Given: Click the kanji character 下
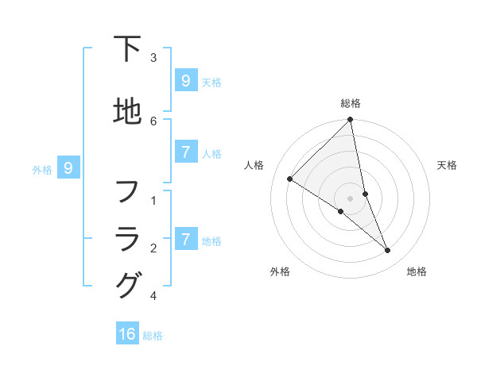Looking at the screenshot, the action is (127, 49).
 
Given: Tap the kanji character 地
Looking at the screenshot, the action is (127, 111).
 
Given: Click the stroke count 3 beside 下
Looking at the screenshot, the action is (153, 58).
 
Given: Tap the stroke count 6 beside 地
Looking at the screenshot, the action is (153, 121).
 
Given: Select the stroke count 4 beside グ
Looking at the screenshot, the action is (153, 296).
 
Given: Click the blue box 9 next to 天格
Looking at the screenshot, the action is (185, 81).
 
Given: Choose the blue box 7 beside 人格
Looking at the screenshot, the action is (185, 153).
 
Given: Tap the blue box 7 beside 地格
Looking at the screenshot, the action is (185, 240).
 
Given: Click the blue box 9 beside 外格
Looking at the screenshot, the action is (68, 168).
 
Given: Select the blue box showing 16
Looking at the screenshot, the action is (127, 334).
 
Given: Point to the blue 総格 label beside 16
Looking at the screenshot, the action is (153, 336).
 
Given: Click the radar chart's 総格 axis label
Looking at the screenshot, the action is (351, 103).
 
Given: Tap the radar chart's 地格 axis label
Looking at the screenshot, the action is (417, 271).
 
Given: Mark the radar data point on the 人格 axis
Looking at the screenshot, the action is (290, 179).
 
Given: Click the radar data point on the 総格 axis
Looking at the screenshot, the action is (351, 120).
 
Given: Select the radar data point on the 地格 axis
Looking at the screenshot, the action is (388, 250).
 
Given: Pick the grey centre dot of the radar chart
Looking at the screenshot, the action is (351, 198).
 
